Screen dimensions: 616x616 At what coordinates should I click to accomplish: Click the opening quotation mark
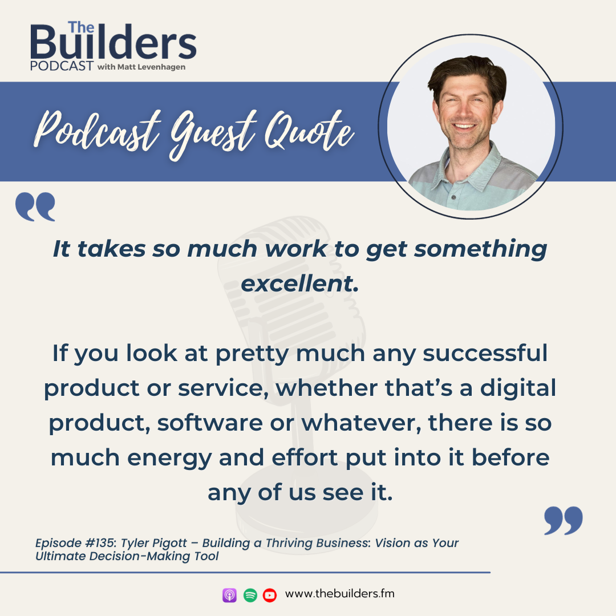click(x=36, y=206)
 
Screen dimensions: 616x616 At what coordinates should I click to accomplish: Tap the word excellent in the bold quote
click(x=299, y=283)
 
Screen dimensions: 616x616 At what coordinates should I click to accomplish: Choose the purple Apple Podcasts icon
click(x=229, y=595)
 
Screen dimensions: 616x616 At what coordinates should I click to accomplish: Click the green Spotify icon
click(x=250, y=595)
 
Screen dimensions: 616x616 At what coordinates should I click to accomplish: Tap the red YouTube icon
click(x=270, y=595)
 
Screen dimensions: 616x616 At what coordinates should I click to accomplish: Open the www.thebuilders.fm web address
click(x=339, y=594)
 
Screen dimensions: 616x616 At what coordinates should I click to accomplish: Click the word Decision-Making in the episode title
click(x=140, y=556)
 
